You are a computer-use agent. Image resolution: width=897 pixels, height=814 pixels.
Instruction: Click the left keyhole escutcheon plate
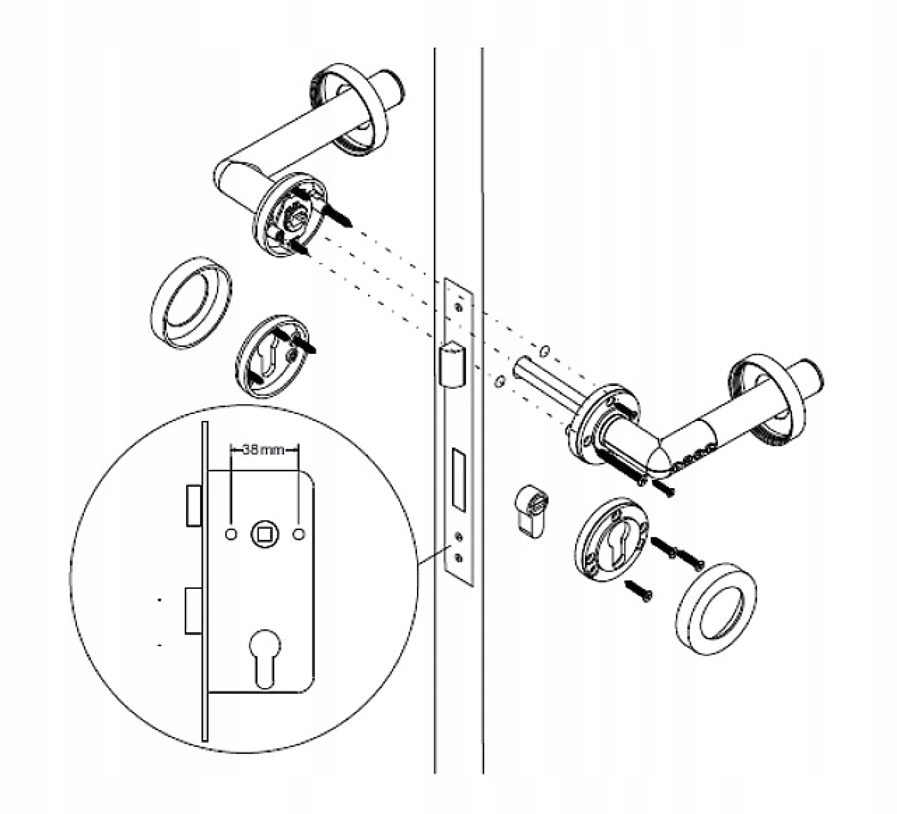tap(272, 356)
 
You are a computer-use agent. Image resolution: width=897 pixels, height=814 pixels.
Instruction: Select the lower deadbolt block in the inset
tap(193, 610)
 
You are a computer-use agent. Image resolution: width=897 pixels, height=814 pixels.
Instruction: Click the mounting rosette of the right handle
tap(604, 425)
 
